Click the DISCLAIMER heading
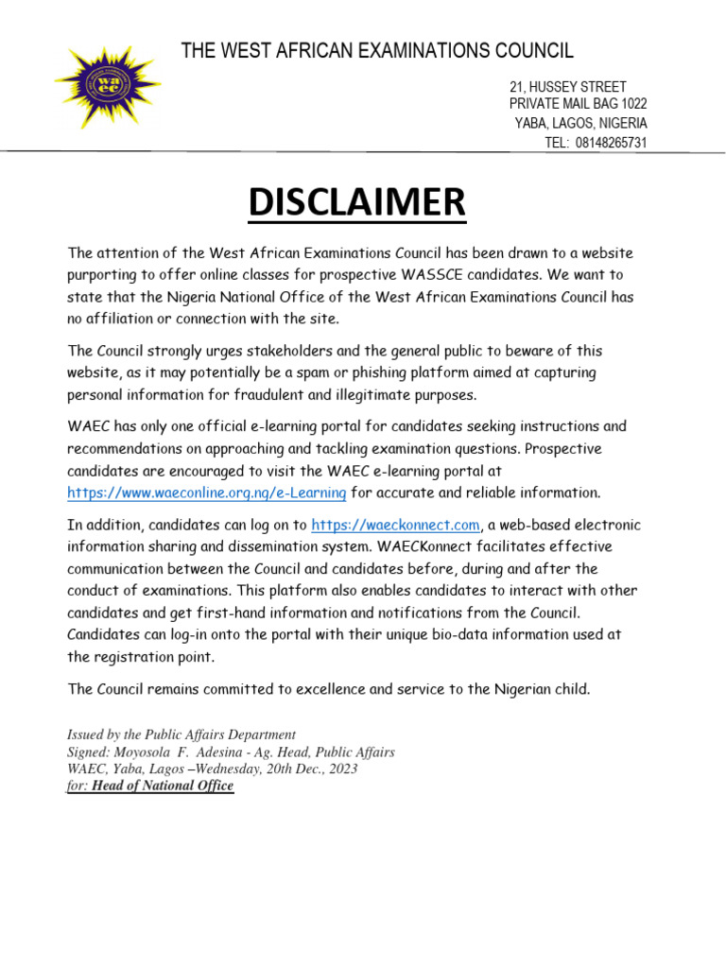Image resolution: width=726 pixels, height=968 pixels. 357,202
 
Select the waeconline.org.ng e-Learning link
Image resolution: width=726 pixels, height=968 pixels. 207,493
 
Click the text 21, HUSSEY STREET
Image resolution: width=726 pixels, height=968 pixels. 567,87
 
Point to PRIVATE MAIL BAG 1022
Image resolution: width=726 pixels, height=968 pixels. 578,104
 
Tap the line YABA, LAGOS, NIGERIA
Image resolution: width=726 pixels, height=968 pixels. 581,124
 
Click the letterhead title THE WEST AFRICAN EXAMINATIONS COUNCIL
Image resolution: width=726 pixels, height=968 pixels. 377,51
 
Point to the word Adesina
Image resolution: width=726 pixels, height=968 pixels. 239,752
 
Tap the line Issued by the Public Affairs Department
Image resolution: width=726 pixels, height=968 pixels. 181,735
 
